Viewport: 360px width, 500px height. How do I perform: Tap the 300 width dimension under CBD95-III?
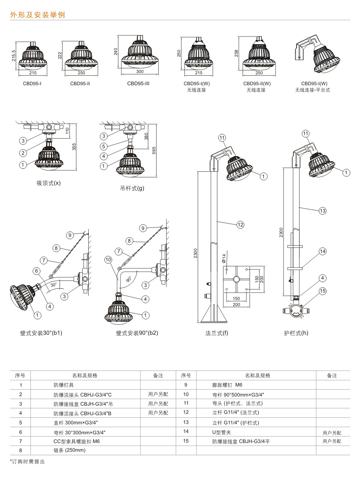[x=140, y=71]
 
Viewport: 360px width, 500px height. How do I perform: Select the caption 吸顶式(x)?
[x=49, y=183]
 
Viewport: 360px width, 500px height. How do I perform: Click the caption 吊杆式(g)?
[x=132, y=189]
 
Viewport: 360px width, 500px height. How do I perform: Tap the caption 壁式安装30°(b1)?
[x=41, y=333]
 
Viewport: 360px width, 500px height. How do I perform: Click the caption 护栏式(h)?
[x=296, y=333]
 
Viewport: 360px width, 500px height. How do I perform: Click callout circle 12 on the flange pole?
[x=240, y=225]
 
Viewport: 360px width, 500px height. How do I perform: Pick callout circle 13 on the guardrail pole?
[x=322, y=211]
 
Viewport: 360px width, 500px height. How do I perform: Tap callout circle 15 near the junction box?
[x=322, y=291]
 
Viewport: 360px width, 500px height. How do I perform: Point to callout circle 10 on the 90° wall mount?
[x=108, y=260]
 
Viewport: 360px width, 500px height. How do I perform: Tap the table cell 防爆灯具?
[x=63, y=385]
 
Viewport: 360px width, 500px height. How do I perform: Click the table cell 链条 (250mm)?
[x=70, y=450]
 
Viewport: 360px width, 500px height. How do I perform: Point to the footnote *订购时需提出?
[x=27, y=461]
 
